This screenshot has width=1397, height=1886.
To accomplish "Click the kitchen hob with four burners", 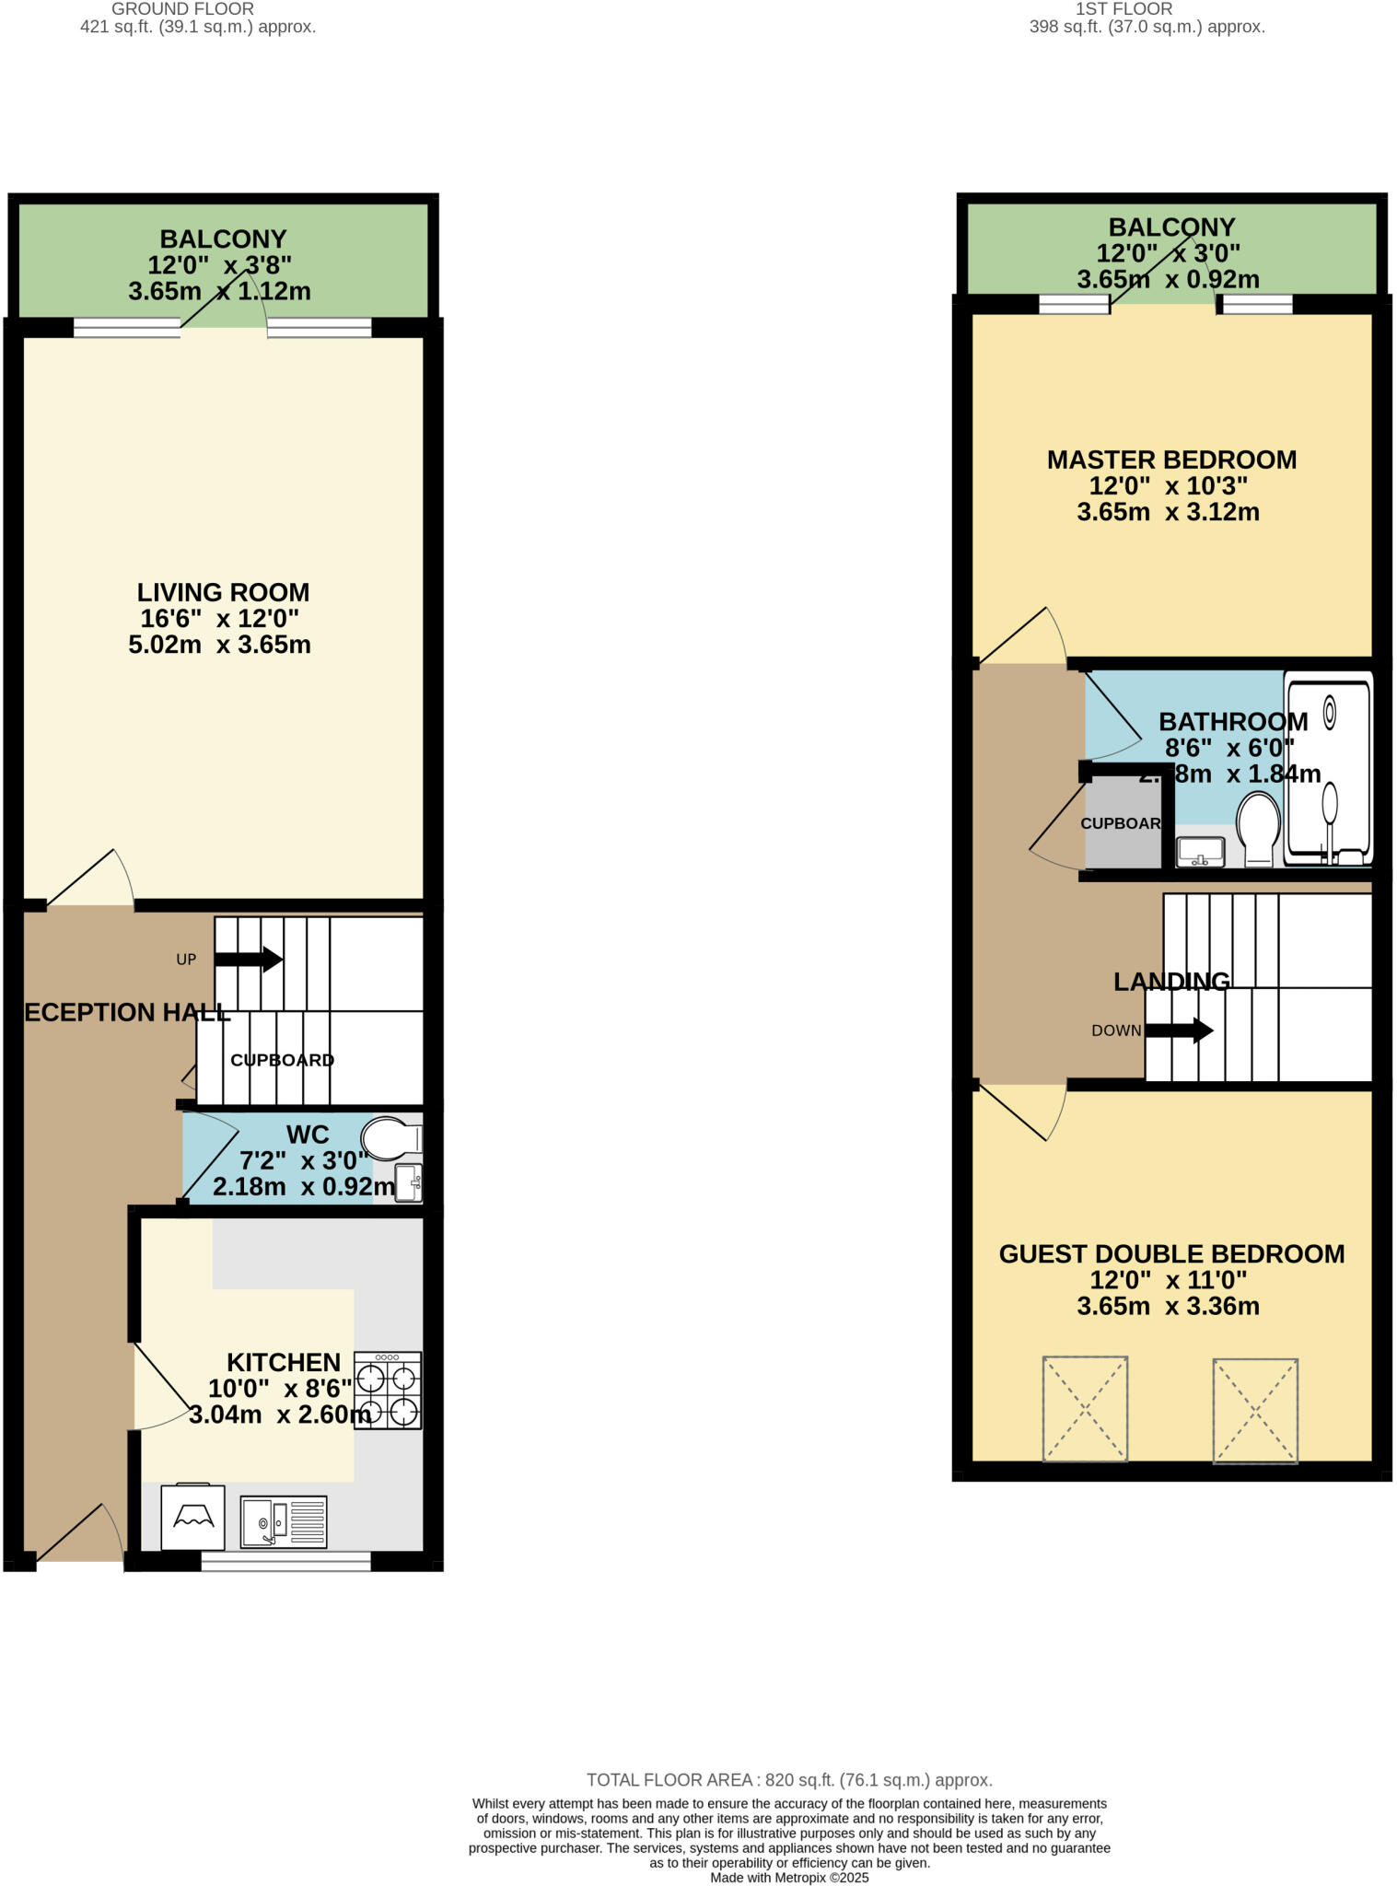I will pyautogui.click(x=388, y=1390).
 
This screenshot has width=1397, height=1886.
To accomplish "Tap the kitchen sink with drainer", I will pyautogui.click(x=284, y=1521).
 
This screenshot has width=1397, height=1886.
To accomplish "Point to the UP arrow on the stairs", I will pyautogui.click(x=249, y=959).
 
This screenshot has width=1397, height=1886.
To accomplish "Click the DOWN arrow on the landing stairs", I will pyautogui.click(x=1179, y=1030).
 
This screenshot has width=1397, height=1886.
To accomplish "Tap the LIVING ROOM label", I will pyautogui.click(x=223, y=592).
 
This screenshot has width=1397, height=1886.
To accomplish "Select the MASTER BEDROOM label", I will pyautogui.click(x=1171, y=460).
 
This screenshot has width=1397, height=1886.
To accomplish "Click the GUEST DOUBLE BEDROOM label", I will pyautogui.click(x=1171, y=1253).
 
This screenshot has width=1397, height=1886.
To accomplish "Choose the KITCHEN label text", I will pyautogui.click(x=284, y=1362).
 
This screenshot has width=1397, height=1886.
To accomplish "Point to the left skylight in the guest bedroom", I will pyautogui.click(x=1085, y=1408).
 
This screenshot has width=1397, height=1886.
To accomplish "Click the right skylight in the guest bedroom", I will pyautogui.click(x=1255, y=1410).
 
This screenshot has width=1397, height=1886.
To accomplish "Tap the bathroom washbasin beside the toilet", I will pyautogui.click(x=1201, y=852).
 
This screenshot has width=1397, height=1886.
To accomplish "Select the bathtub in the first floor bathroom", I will pyautogui.click(x=1328, y=769).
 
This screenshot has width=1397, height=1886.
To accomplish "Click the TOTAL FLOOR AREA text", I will pyautogui.click(x=789, y=1780).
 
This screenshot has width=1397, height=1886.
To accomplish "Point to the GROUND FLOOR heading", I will pyautogui.click(x=182, y=9).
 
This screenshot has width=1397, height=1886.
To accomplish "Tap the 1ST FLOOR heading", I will pyautogui.click(x=1123, y=9).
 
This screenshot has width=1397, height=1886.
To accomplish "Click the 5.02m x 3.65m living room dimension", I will pyautogui.click(x=219, y=645).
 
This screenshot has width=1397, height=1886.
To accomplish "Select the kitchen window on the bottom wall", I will pyautogui.click(x=285, y=1560).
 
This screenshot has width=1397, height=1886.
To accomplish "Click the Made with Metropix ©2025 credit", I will pyautogui.click(x=789, y=1878).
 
